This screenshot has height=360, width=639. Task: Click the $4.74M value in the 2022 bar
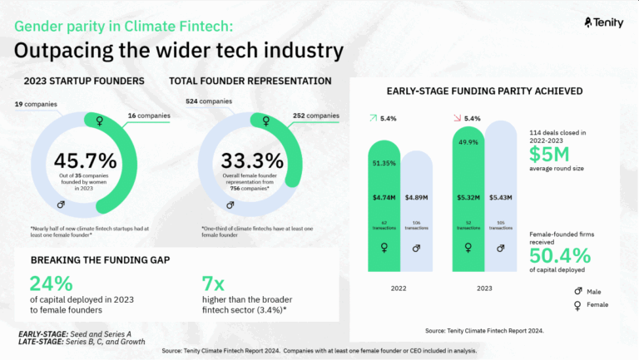click(x=386, y=198)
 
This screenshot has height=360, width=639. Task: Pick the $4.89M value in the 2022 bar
click(x=417, y=198)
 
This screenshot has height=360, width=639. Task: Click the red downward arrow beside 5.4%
click(x=455, y=119)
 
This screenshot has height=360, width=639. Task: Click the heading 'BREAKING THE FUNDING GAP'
click(x=101, y=259)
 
